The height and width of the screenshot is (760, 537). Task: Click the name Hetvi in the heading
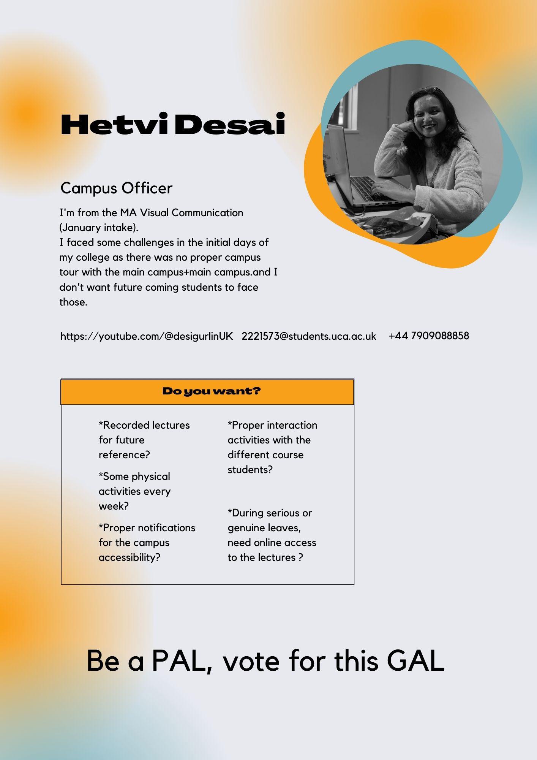(x=114, y=124)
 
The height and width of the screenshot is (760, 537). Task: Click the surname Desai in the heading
(x=229, y=124)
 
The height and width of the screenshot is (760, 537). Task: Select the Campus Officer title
(x=116, y=188)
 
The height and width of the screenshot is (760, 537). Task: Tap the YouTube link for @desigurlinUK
(x=147, y=336)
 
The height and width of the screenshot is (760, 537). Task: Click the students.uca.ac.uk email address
(x=309, y=336)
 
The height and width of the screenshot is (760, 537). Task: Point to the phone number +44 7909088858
(x=429, y=336)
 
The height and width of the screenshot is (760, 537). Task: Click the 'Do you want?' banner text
(x=212, y=391)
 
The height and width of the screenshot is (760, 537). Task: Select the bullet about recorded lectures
(x=144, y=440)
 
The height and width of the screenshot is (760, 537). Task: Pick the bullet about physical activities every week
(x=134, y=491)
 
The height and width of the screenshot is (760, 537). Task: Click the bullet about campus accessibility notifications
(x=147, y=542)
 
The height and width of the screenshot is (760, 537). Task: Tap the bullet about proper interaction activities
(x=272, y=447)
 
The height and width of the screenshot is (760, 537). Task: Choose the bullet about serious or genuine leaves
(x=272, y=535)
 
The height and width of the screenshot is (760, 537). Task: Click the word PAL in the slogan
(x=182, y=661)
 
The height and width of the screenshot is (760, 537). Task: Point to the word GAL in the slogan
(x=415, y=661)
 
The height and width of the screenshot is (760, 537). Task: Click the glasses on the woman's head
(x=428, y=90)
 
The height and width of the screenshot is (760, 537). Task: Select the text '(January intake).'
(x=99, y=228)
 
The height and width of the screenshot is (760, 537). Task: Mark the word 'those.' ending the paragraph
(x=73, y=302)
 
